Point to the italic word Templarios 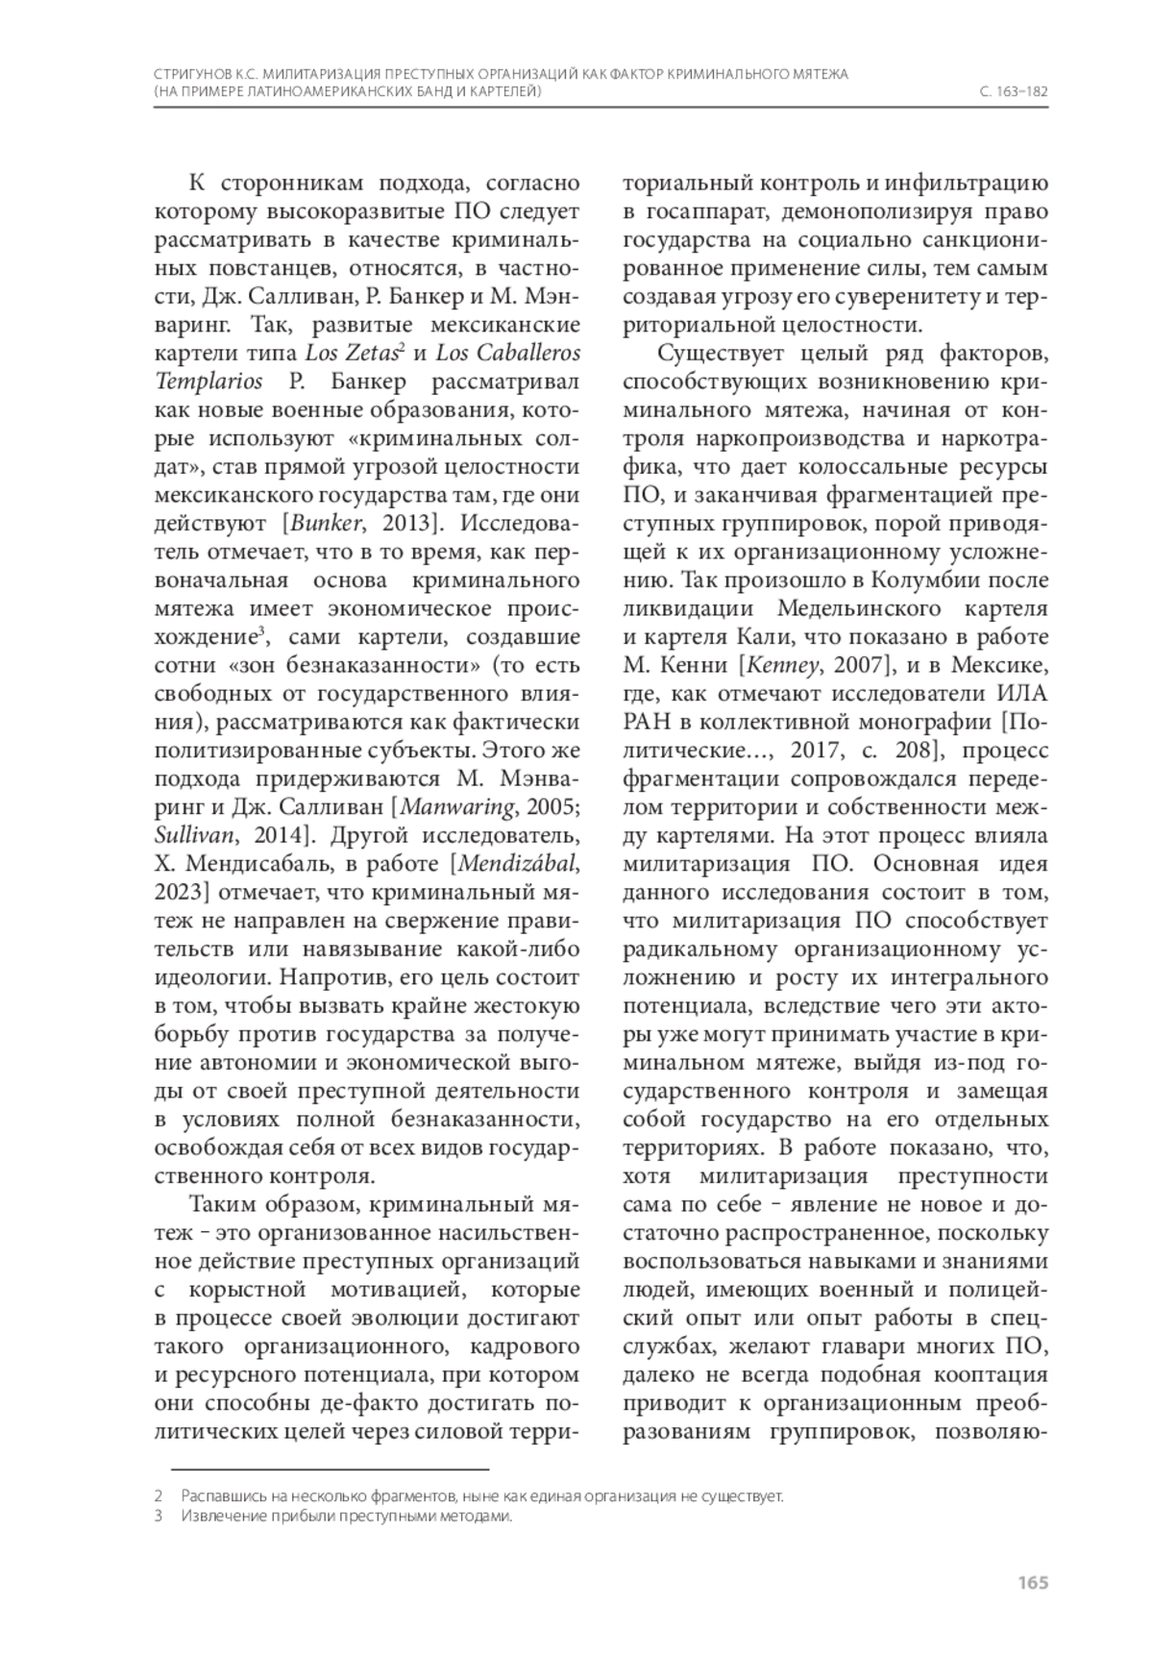tap(209, 382)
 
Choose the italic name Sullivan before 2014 tap(197, 834)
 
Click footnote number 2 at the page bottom tap(158, 1496)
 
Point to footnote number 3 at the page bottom tap(158, 1518)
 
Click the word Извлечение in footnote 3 tap(220, 1518)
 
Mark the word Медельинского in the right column tap(858, 609)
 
